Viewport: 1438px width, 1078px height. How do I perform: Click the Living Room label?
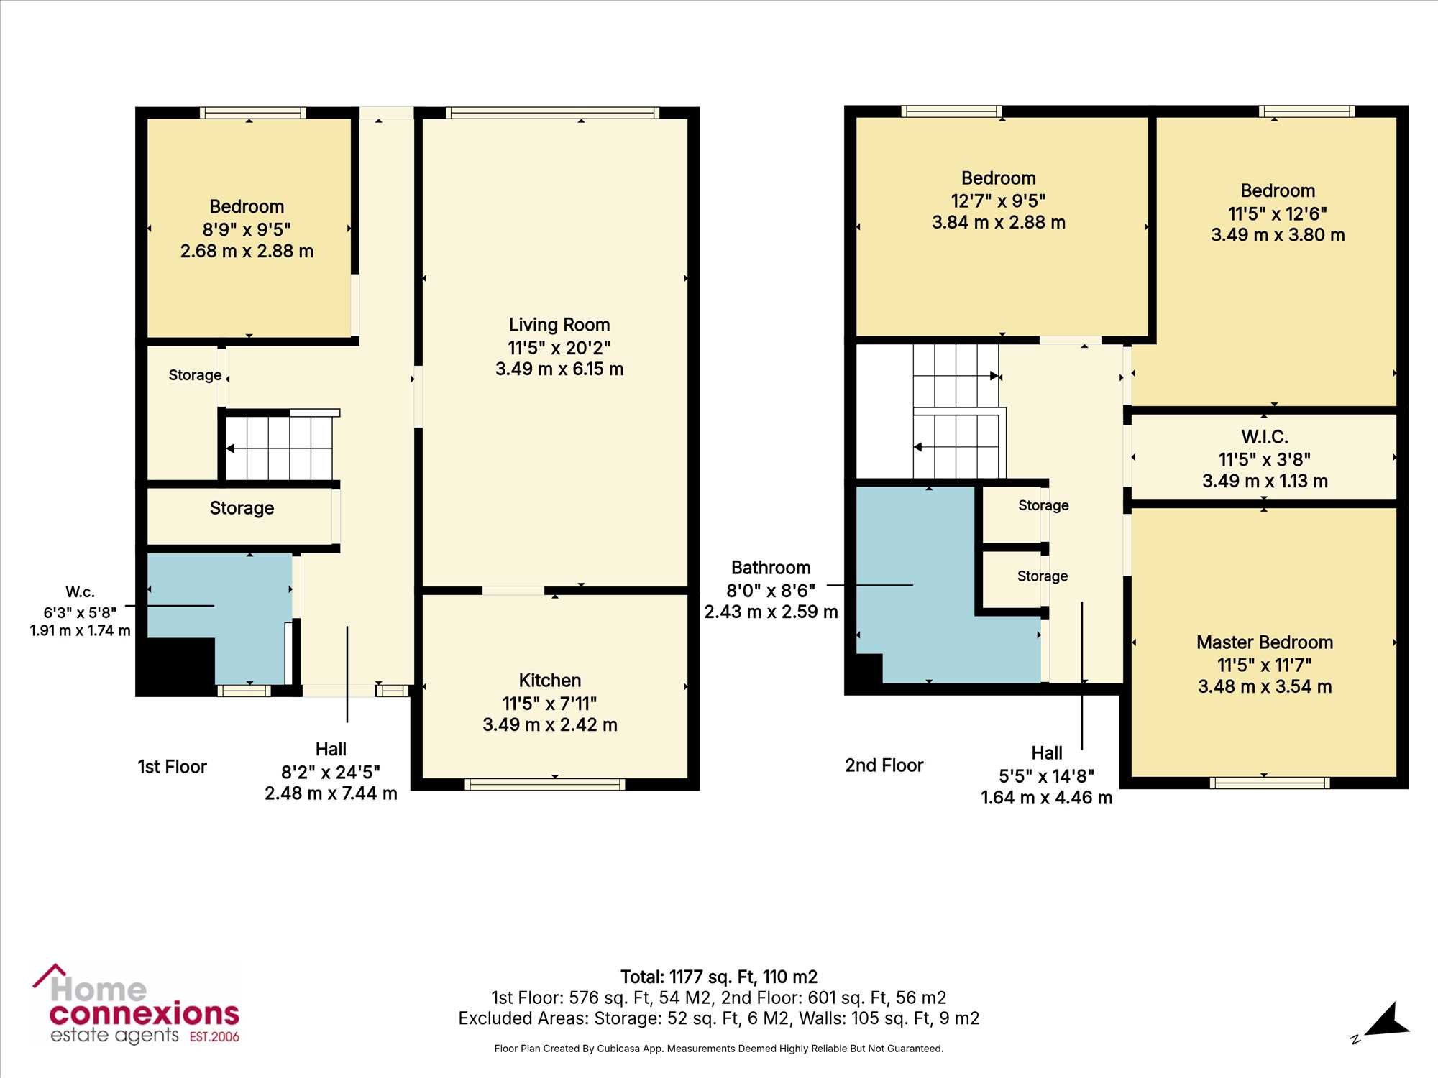pos(559,325)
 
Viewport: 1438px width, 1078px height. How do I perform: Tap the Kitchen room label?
pos(550,681)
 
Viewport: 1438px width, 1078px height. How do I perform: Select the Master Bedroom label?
pos(1265,642)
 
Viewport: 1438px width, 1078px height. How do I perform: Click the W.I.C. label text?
pos(1265,437)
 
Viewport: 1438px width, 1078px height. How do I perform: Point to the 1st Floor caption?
pos(172,767)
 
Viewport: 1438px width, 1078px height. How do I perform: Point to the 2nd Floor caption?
pos(884,765)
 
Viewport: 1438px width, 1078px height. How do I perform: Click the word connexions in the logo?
pos(144,1014)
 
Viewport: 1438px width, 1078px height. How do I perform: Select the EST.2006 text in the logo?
pos(214,1037)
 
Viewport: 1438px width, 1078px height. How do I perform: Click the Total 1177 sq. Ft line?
pos(719,977)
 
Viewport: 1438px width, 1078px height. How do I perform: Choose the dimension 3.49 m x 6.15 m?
pos(559,369)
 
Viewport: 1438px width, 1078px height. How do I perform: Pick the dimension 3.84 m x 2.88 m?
pos(999,223)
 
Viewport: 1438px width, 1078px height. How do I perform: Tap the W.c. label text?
pos(80,592)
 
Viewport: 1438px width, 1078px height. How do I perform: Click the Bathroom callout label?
pos(771,568)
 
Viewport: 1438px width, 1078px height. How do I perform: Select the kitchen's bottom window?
pos(545,784)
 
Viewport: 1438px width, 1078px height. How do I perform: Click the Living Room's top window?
pos(552,113)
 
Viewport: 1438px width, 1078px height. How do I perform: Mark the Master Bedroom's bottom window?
pos(1270,783)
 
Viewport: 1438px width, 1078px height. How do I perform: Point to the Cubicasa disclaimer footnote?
pos(719,1049)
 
